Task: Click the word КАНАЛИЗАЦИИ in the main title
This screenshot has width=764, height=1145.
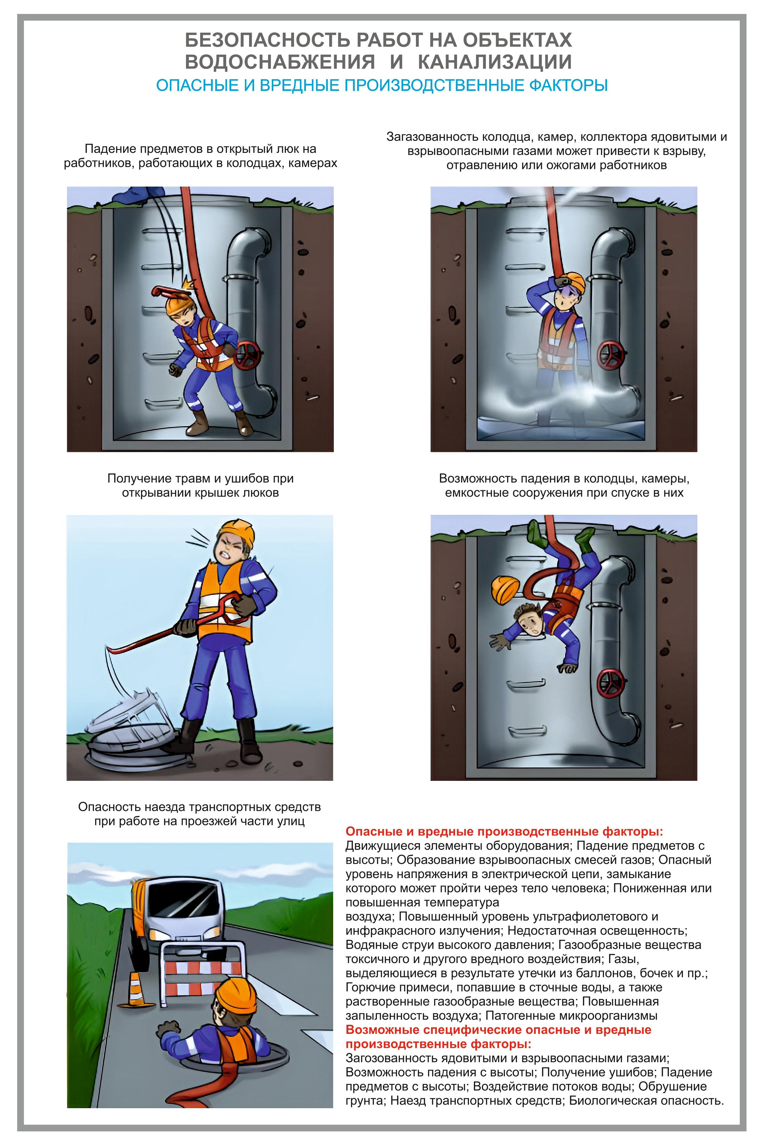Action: pos(495,62)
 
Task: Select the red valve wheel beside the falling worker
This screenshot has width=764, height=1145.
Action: pos(612,684)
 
